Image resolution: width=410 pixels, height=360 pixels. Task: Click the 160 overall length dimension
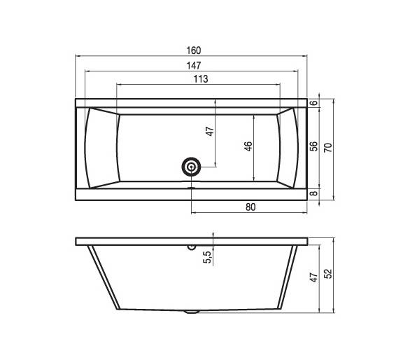click(194, 50)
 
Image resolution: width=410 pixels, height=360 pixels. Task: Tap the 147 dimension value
click(194, 65)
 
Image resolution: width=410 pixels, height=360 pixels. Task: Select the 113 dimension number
click(201, 79)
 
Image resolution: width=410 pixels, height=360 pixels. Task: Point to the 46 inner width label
click(248, 146)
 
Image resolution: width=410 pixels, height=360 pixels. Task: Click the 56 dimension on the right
click(313, 146)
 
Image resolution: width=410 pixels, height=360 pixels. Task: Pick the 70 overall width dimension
click(328, 148)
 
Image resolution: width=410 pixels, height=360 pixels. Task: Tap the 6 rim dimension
click(313, 103)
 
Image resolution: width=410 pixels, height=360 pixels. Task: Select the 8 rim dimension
click(313, 193)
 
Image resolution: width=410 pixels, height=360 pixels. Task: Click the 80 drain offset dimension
click(250, 207)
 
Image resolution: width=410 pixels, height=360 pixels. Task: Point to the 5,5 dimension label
click(207, 257)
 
